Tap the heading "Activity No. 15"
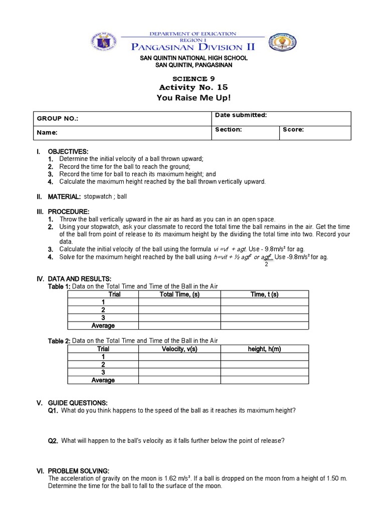[x=192, y=88]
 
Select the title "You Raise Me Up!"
[x=192, y=98]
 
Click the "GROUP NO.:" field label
[x=58, y=119]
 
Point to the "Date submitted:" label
[x=241, y=115]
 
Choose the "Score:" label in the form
[x=293, y=129]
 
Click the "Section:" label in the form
[x=229, y=129]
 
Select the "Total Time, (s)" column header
[x=179, y=295]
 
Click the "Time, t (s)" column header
[x=264, y=295]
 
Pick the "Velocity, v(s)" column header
[x=179, y=349]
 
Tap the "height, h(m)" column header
[x=264, y=349]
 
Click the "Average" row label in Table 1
[x=103, y=326]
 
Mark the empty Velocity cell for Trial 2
[x=179, y=365]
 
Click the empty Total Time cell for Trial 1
[x=179, y=303]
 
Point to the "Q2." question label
[x=53, y=441]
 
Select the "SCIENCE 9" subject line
[x=192, y=79]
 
